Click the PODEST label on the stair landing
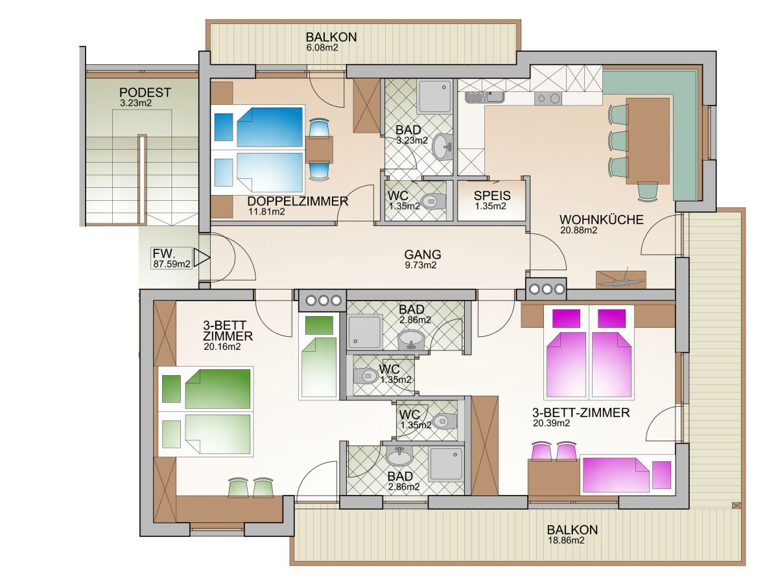145,93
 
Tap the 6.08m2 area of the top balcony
322,47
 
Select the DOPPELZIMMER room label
298,201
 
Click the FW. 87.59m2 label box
172,258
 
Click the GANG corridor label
423,254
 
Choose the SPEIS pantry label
492,196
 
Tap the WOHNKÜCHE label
601,220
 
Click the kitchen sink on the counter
484,97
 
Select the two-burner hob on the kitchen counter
548,98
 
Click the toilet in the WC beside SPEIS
433,201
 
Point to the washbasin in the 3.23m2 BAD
443,146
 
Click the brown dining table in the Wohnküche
648,141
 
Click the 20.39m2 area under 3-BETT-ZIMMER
551,423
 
